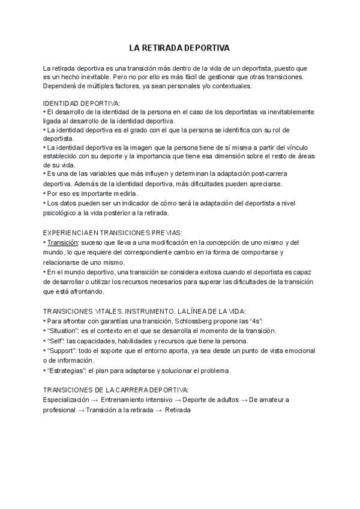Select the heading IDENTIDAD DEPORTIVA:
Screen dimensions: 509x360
coord(82,103)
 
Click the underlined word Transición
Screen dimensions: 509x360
coord(63,242)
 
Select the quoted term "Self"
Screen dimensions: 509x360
coord(56,340)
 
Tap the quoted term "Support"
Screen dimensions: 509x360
coord(62,350)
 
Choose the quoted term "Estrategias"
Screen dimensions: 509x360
coord(67,370)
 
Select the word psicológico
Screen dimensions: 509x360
coord(63,212)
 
